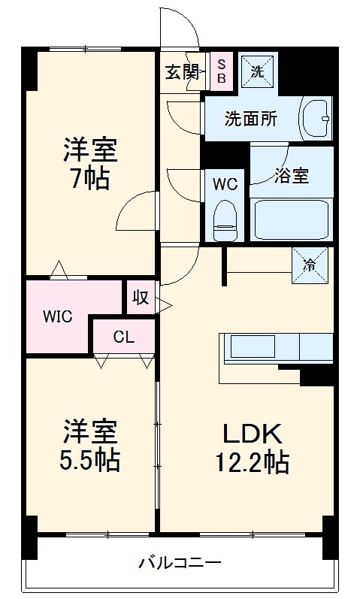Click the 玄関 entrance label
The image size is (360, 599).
coord(181,73)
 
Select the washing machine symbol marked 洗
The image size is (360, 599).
coord(258,72)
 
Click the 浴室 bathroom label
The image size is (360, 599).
coord(292,176)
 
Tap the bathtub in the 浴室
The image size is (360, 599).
coord(292,219)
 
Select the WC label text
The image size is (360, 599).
coord(224,183)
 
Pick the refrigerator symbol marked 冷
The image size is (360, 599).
coord(310,265)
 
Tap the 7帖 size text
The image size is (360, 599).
coord(89,179)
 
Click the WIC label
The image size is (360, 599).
coord(57,316)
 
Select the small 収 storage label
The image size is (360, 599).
coord(140,297)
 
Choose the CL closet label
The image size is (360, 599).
coord(123,337)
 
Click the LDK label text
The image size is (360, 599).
coord(251,434)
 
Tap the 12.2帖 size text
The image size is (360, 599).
coord(251,463)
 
